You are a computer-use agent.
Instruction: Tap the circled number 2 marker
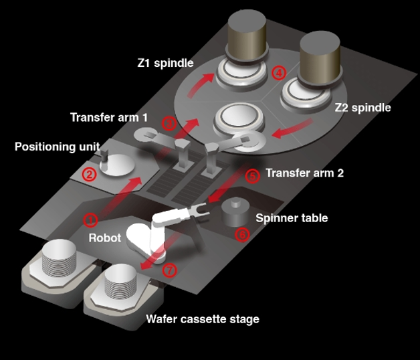[87, 175]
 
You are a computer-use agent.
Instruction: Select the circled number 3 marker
[169, 122]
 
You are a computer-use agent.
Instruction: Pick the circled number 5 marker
[252, 176]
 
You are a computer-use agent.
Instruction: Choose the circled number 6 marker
[243, 234]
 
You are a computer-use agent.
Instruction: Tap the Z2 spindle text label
[362, 107]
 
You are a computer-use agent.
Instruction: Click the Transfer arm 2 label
[304, 173]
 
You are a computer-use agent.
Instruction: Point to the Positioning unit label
[58, 146]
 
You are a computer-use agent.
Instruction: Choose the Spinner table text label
[292, 218]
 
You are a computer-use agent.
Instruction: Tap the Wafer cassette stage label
[203, 319]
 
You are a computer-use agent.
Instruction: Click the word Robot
[105, 238]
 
